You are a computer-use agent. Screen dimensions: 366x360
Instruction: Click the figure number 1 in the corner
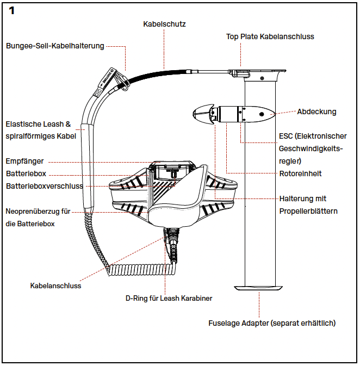point(12,11)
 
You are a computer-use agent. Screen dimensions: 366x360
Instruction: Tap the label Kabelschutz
point(164,24)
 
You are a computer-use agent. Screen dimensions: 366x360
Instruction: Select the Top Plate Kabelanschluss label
point(270,37)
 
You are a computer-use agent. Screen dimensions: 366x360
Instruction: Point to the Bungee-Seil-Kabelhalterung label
point(55,46)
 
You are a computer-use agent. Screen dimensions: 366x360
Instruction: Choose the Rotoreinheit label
point(300,173)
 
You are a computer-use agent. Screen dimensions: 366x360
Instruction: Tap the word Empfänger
point(24,162)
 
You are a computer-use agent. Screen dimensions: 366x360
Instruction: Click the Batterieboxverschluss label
point(45,186)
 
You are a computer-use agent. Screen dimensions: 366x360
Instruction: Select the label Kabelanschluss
point(55,285)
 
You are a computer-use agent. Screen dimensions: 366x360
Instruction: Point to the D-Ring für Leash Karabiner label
point(169,298)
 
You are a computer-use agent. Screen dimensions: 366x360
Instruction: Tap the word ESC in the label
point(287,137)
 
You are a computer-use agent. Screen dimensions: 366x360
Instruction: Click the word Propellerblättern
point(308,211)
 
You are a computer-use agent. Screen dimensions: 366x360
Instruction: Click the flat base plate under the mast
point(259,288)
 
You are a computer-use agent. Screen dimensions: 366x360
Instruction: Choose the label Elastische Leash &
point(38,125)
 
